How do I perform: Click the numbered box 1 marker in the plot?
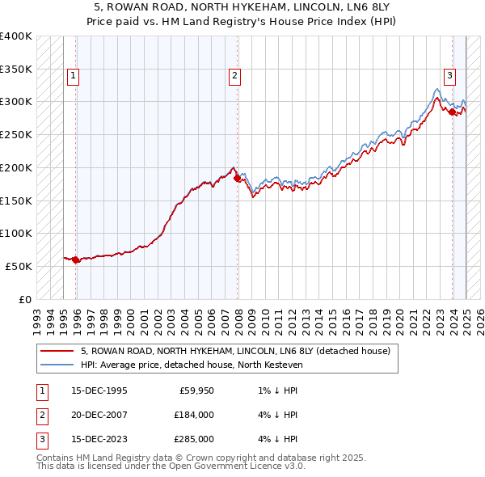tap(73, 77)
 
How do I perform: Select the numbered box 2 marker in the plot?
tap(234, 77)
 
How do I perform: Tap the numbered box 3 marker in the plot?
tap(449, 77)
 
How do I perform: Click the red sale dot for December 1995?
tap(76, 260)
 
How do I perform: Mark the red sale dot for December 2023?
tap(452, 112)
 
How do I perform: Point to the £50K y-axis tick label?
tap(19, 266)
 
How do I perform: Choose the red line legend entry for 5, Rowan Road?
tap(235, 351)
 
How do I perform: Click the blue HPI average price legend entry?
tap(191, 365)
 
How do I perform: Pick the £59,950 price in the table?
tap(194, 390)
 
